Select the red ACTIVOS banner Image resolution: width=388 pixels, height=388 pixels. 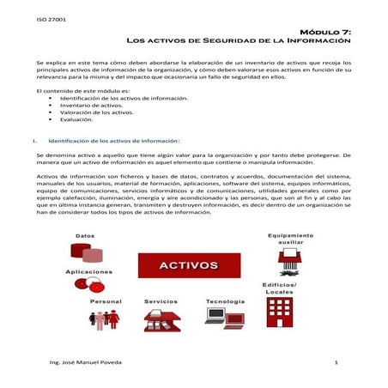189,266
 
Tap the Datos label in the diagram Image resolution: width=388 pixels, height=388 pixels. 85,234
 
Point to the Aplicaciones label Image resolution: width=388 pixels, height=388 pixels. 88,272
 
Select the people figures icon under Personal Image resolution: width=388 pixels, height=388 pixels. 106,320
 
